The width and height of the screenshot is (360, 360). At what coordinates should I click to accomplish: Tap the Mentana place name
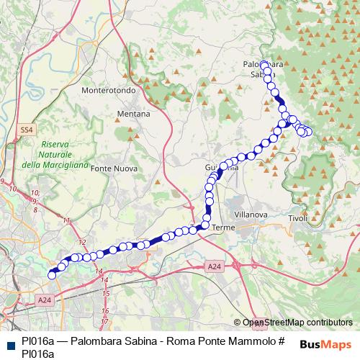(x=133, y=114)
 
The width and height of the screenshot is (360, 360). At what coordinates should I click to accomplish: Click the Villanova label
(x=252, y=214)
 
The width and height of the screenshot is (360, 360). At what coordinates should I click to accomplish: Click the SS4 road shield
(x=27, y=129)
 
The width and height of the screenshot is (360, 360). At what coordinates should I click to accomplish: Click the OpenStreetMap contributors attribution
(x=297, y=323)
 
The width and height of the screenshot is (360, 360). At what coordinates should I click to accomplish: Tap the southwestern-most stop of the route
(x=52, y=274)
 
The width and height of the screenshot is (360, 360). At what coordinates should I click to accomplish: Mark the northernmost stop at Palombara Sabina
(x=264, y=64)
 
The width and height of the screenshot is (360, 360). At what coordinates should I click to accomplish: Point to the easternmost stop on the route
(x=309, y=131)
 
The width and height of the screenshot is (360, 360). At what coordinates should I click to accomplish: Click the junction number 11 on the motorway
(x=67, y=220)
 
